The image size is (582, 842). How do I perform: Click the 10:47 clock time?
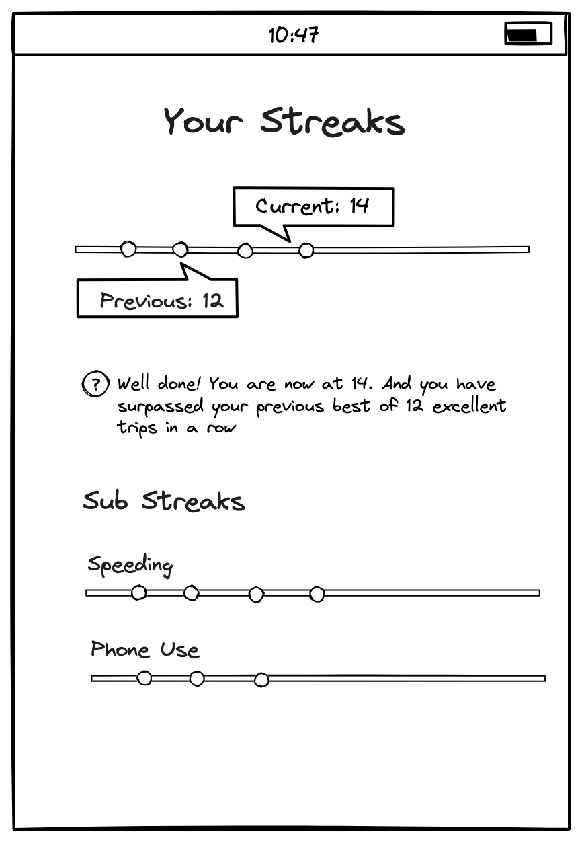click(x=294, y=35)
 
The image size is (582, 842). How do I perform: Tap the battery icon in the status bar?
click(x=528, y=34)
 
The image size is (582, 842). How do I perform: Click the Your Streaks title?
click(x=284, y=121)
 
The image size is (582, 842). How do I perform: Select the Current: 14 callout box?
click(x=313, y=207)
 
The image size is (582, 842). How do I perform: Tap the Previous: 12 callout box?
click(x=157, y=298)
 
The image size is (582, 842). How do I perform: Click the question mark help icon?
click(x=96, y=384)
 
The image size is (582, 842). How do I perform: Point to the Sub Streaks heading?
click(x=164, y=500)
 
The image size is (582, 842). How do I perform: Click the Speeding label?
click(x=130, y=566)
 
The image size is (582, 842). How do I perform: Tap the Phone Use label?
click(x=145, y=649)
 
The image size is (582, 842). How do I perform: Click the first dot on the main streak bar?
click(x=128, y=249)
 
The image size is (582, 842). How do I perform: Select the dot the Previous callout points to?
click(x=180, y=250)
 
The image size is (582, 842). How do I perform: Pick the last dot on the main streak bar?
click(x=306, y=250)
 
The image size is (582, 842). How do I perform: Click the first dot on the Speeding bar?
click(x=138, y=592)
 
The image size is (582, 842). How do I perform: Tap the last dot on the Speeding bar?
click(x=317, y=595)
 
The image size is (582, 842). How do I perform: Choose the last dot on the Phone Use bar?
click(x=261, y=680)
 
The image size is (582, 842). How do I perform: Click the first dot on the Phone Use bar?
click(x=144, y=678)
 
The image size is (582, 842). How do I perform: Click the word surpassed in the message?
click(x=161, y=406)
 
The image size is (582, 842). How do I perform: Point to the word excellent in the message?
click(x=469, y=406)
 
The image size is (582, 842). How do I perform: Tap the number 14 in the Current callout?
click(x=359, y=206)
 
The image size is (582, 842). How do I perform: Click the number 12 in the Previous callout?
click(x=213, y=301)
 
